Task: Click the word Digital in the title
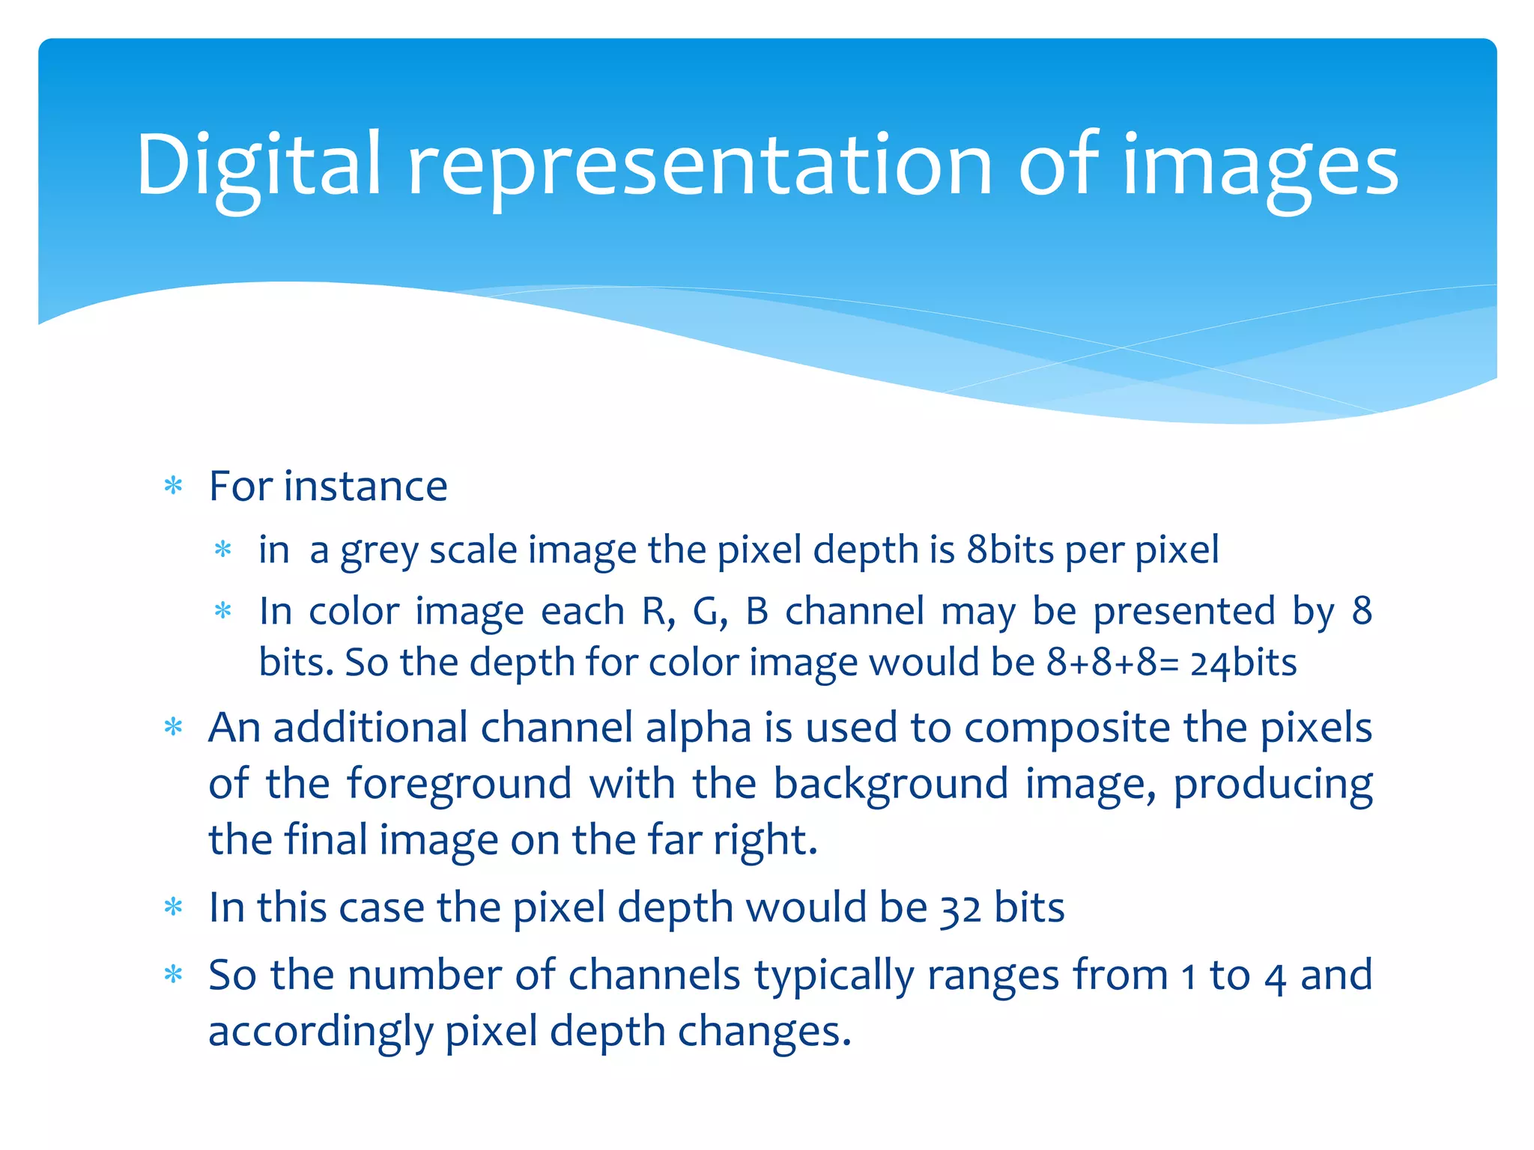click(x=258, y=166)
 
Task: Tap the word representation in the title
click(x=700, y=166)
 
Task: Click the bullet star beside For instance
click(x=174, y=486)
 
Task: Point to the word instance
click(x=366, y=486)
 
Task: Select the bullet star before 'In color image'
click(x=223, y=611)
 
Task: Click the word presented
click(x=1184, y=611)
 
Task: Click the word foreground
click(x=459, y=785)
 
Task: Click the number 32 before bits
click(x=960, y=909)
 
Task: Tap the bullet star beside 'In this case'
click(x=174, y=907)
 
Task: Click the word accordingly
click(x=321, y=1032)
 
